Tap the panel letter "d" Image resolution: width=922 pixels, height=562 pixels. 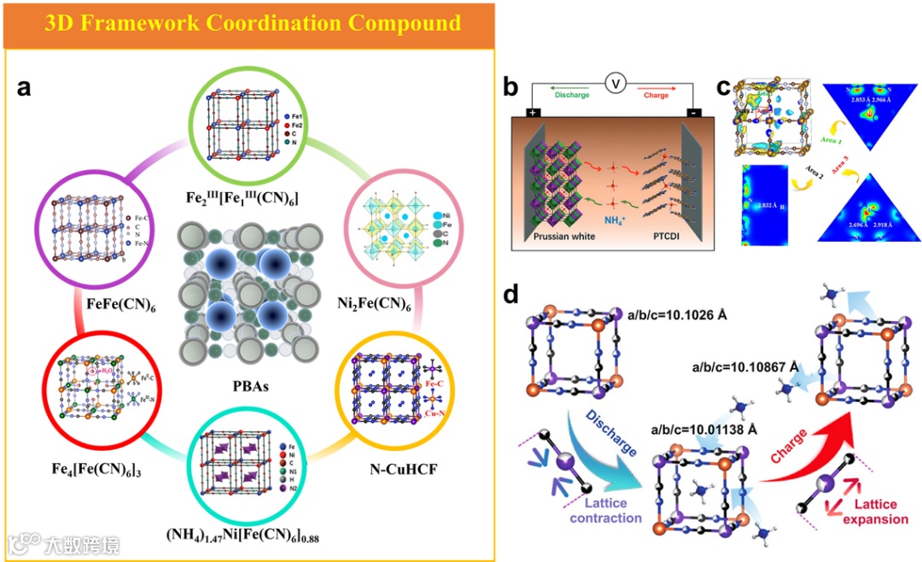[511, 295]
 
